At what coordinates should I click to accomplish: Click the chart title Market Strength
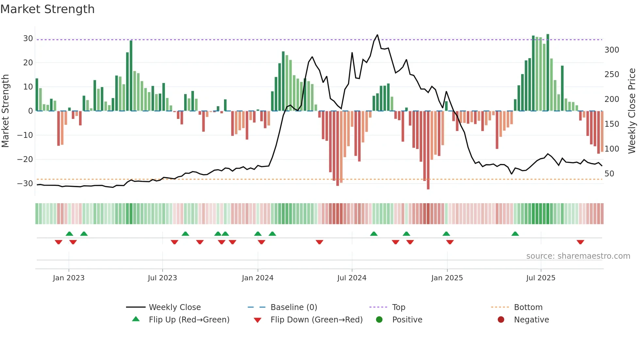coord(47,9)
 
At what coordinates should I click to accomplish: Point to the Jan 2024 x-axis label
coord(258,278)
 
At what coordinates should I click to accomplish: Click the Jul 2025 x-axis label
coord(541,278)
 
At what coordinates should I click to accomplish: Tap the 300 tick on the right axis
coord(612,50)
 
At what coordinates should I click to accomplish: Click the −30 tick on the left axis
coord(25,184)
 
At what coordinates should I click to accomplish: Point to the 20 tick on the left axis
coord(28,62)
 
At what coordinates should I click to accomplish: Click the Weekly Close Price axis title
coord(632,111)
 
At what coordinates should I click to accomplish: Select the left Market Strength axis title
coord(5,111)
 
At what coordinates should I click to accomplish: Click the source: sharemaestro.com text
coord(578,256)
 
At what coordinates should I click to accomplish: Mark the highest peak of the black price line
coord(377,35)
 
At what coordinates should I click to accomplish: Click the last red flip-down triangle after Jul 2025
coord(580,242)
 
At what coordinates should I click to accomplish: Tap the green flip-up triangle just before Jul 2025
coord(515,234)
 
